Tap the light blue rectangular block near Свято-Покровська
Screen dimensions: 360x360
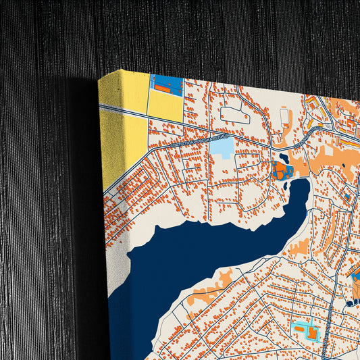(221, 146)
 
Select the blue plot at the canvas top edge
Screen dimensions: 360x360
(166, 84)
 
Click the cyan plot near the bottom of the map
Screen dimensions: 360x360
(305, 331)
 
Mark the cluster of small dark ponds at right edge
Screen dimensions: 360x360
(353, 290)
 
